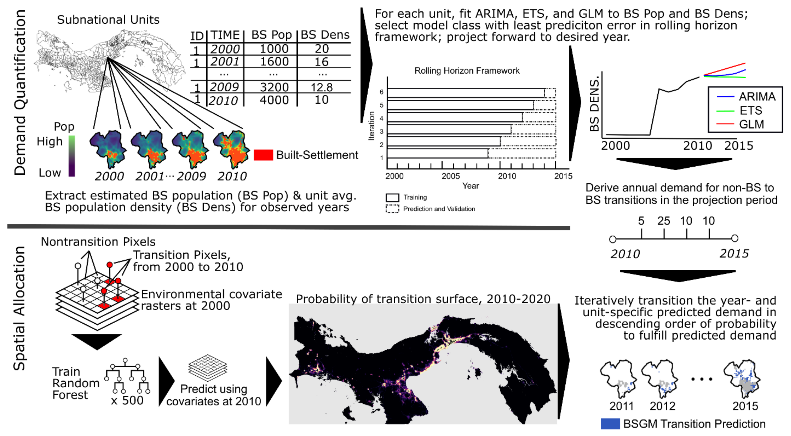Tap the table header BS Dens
click(x=325, y=35)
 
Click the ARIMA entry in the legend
click(x=757, y=97)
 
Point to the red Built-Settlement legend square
click(x=263, y=155)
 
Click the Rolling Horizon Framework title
click(x=467, y=71)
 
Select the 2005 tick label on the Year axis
click(x=451, y=176)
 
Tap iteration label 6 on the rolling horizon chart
click(x=381, y=92)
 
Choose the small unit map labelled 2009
click(x=190, y=149)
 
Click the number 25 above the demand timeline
click(x=664, y=221)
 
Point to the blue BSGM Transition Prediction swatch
click(x=610, y=424)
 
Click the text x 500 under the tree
click(x=127, y=400)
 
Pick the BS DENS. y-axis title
click(x=594, y=104)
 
